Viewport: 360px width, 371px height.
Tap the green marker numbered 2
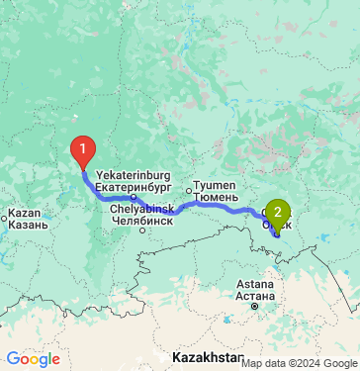coord(278,210)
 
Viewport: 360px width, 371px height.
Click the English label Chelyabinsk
coord(141,210)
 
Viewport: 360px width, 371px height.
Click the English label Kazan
coord(26,214)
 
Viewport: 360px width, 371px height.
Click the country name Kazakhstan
coord(208,356)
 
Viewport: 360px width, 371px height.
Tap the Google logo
coord(32,359)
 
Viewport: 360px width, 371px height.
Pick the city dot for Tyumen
coord(189,191)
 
